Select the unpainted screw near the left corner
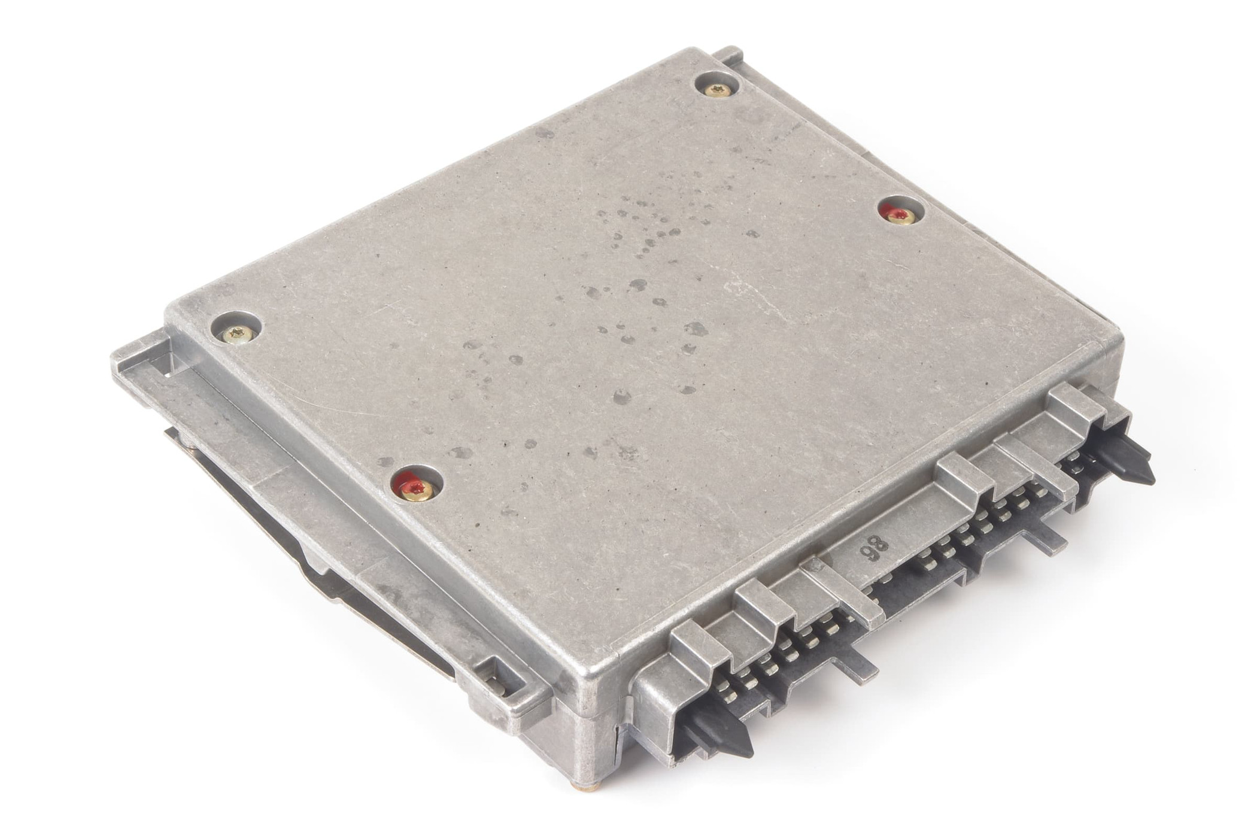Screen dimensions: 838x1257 (x=235, y=333)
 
